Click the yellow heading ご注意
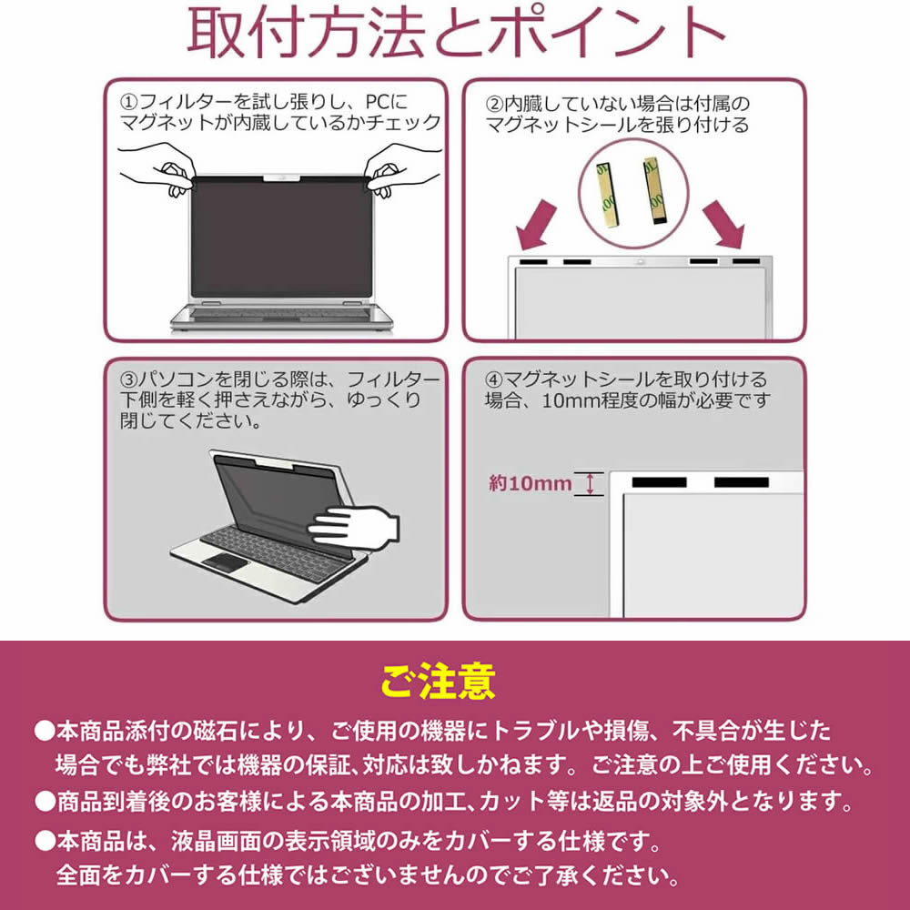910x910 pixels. point(439,681)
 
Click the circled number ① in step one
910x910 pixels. point(129,103)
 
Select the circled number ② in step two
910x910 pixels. point(494,105)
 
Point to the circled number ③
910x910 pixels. point(129,380)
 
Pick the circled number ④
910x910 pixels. point(493,380)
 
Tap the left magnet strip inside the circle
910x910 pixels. point(606,193)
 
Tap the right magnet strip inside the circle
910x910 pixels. point(655,190)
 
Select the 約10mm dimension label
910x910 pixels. point(531,483)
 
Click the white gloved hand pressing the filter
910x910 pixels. point(353,525)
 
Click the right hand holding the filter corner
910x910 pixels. point(403,169)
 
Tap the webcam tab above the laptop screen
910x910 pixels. point(281,177)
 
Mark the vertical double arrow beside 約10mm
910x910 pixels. point(591,483)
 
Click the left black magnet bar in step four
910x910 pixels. point(659,482)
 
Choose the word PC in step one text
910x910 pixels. point(378,102)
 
